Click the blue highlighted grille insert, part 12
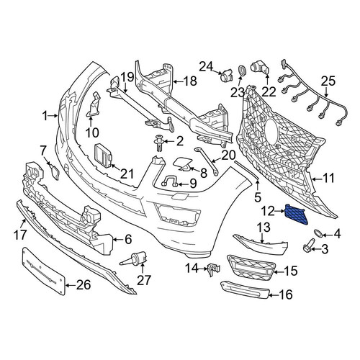click(x=297, y=214)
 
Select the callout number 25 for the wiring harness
click(x=328, y=81)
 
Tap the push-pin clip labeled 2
click(x=159, y=143)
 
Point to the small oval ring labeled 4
click(x=318, y=233)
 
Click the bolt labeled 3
click(x=308, y=248)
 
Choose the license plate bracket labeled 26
click(x=44, y=272)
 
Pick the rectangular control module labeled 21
click(x=104, y=155)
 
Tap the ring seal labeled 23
click(x=242, y=71)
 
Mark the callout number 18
click(x=190, y=81)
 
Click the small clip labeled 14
click(x=213, y=269)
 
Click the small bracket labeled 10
click(x=94, y=105)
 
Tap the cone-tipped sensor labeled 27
click(x=135, y=259)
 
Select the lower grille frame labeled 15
click(x=251, y=268)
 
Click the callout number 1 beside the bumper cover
click(x=45, y=116)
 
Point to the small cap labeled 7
click(x=55, y=172)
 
